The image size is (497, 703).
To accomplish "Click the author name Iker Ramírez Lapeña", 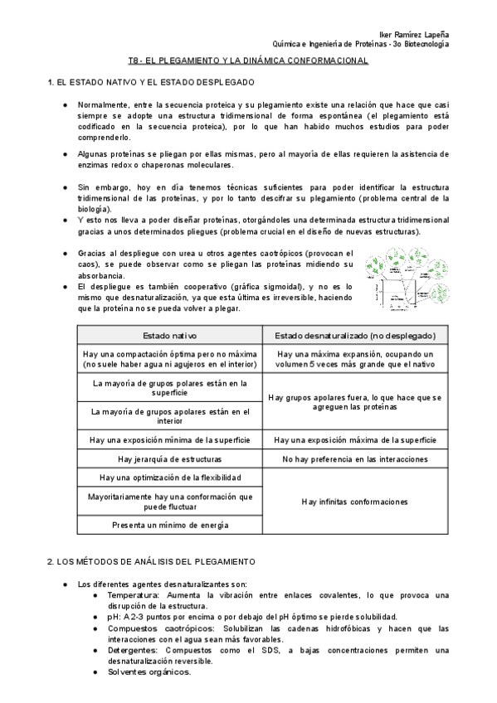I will tap(413, 34).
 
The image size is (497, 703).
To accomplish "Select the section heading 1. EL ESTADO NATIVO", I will tap(151, 83).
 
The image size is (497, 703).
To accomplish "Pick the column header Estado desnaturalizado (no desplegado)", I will tap(355, 335).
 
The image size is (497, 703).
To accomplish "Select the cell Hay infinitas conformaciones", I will tap(355, 502).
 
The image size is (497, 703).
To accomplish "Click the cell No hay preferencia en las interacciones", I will tap(355, 458).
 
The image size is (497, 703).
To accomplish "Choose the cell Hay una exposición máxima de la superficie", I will tap(355, 439).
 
